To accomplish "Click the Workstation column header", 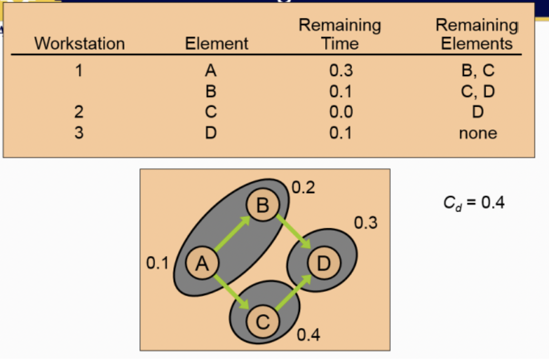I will click(79, 43).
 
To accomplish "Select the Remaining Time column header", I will click(340, 34).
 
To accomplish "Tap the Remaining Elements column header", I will click(477, 34).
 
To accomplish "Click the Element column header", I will click(216, 43).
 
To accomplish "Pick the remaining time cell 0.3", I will click(341, 70).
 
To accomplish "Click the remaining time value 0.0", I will click(341, 112).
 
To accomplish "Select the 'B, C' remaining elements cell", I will click(477, 70).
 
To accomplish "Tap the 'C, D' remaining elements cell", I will click(477, 91).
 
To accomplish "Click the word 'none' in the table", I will click(478, 132).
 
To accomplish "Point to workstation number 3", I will click(79, 132).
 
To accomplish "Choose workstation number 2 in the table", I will click(79, 112).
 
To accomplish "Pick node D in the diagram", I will click(323, 263).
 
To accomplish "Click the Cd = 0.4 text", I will click(473, 204).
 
